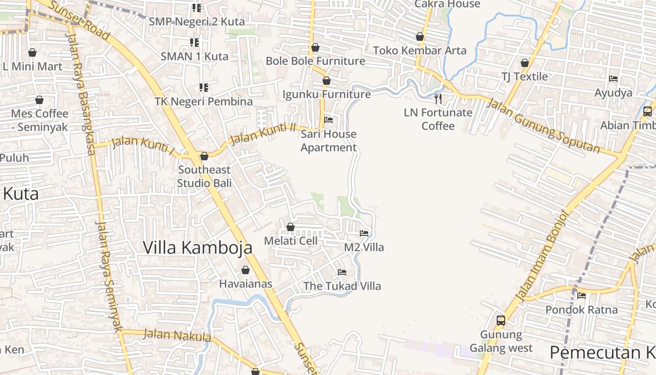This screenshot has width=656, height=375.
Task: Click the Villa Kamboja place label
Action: click(197, 247)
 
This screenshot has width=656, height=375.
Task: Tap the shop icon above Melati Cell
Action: click(291, 227)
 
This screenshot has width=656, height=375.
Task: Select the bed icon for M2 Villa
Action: click(364, 233)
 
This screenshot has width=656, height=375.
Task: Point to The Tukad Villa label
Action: click(342, 286)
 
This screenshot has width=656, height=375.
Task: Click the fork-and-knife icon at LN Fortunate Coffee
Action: click(438, 98)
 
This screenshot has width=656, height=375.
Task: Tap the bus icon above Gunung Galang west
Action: click(501, 321)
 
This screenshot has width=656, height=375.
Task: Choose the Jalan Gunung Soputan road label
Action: click(544, 126)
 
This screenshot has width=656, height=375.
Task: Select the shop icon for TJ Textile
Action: click(525, 63)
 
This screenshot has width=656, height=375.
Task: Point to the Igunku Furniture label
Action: click(327, 94)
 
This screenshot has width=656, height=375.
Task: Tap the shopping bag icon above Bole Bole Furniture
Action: click(315, 47)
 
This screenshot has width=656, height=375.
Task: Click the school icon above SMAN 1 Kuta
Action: click(194, 43)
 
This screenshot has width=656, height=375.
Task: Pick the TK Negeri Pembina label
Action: click(204, 101)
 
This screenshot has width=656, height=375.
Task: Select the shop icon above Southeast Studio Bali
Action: click(204, 156)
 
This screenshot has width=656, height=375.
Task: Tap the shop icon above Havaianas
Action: click(246, 270)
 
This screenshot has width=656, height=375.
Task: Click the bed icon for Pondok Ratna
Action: click(581, 295)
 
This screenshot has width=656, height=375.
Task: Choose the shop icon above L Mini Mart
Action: click(32, 52)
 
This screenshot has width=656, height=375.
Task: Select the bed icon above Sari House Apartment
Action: click(328, 120)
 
